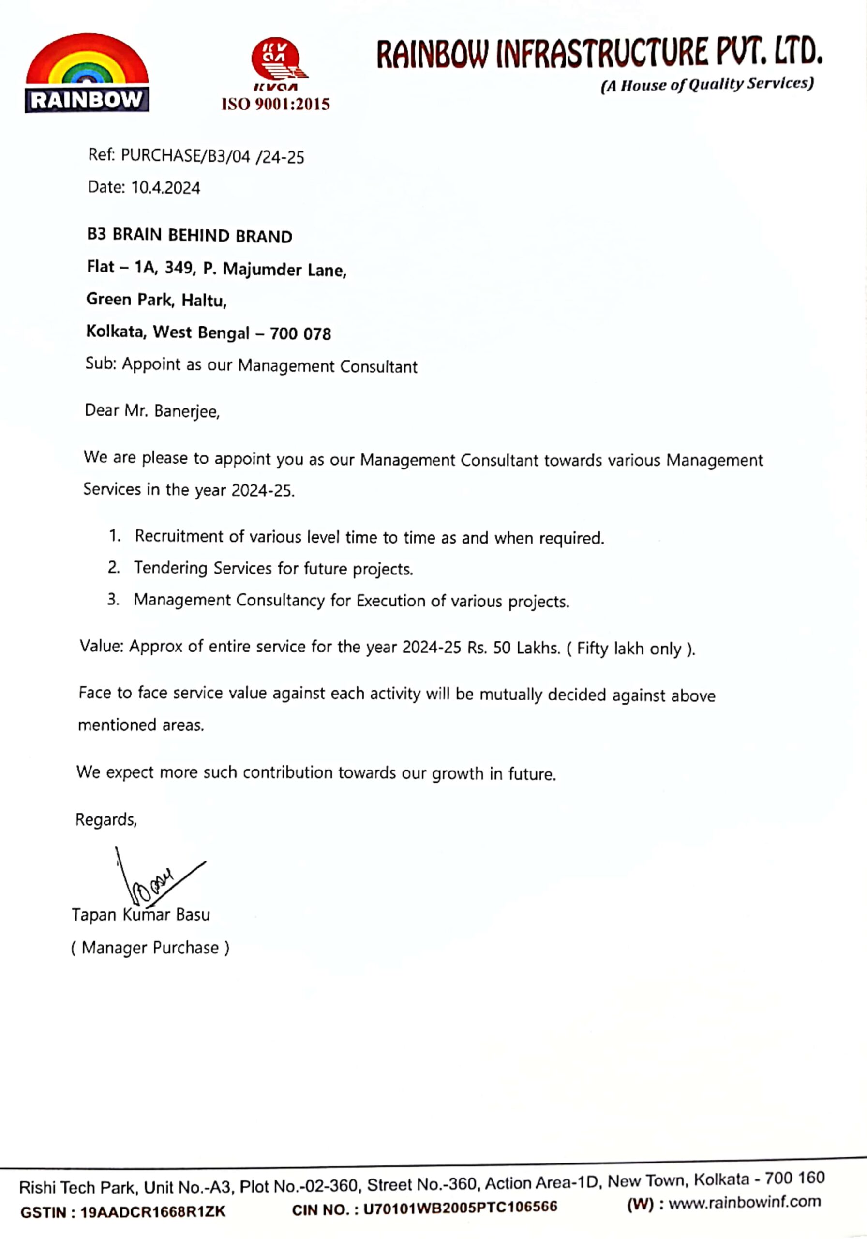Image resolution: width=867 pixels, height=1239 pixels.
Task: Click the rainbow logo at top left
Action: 87,73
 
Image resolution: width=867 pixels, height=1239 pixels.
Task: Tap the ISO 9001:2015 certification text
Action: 275,104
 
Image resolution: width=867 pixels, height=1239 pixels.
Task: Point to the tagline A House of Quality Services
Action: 707,85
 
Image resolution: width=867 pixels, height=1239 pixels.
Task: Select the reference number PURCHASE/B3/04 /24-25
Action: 212,156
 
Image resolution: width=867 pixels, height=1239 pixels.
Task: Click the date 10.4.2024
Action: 165,188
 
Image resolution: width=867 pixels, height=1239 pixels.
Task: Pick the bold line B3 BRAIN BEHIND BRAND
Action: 189,236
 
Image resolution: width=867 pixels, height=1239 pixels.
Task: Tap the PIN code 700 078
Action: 300,334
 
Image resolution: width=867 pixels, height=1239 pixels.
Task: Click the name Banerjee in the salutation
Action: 187,411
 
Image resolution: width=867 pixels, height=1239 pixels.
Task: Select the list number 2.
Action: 113,567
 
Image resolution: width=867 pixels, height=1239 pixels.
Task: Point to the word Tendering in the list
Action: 170,568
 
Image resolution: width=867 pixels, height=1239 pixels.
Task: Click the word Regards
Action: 106,820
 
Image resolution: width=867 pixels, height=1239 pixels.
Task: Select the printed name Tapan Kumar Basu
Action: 141,915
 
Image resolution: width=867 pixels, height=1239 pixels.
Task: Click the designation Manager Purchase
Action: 150,948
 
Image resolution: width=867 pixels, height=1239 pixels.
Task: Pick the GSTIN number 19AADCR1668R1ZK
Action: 153,1212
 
